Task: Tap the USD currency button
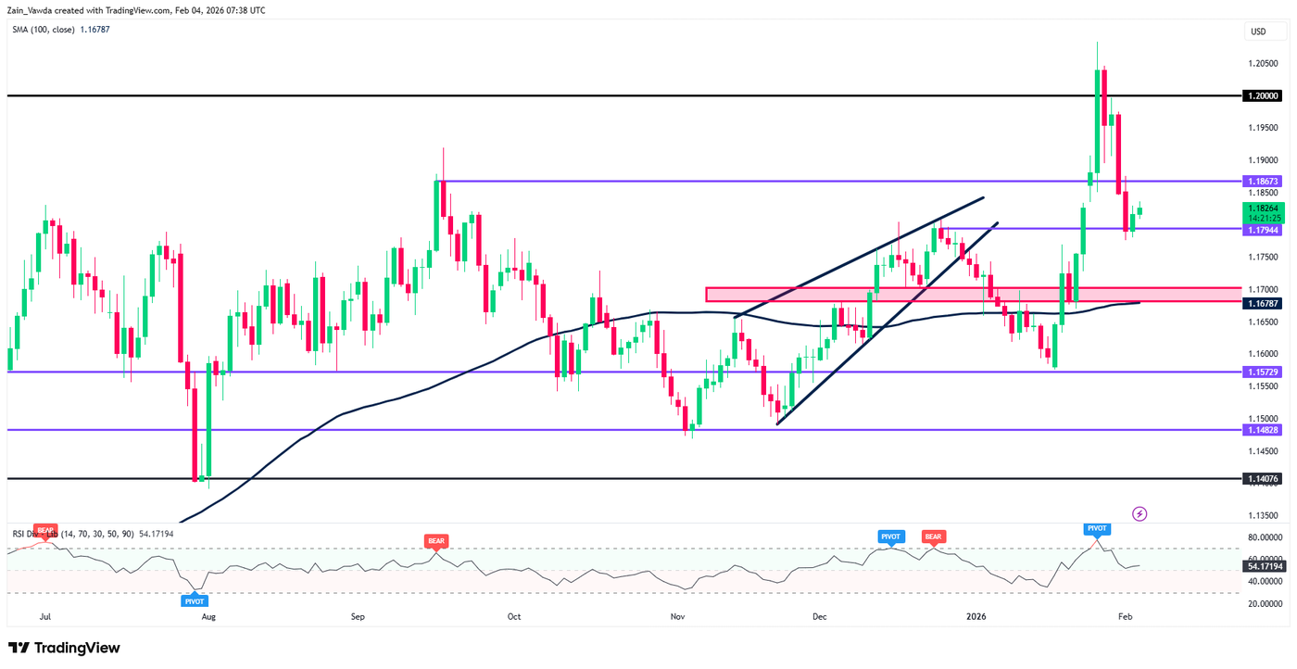(x=1258, y=32)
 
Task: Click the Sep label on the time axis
(x=359, y=615)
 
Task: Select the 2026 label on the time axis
(x=977, y=615)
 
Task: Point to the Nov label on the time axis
(x=677, y=615)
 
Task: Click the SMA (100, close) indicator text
(x=59, y=29)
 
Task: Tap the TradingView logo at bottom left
(x=64, y=648)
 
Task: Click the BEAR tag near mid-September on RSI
(x=435, y=539)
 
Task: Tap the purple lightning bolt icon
(x=1140, y=513)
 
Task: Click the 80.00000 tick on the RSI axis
(x=1264, y=537)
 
